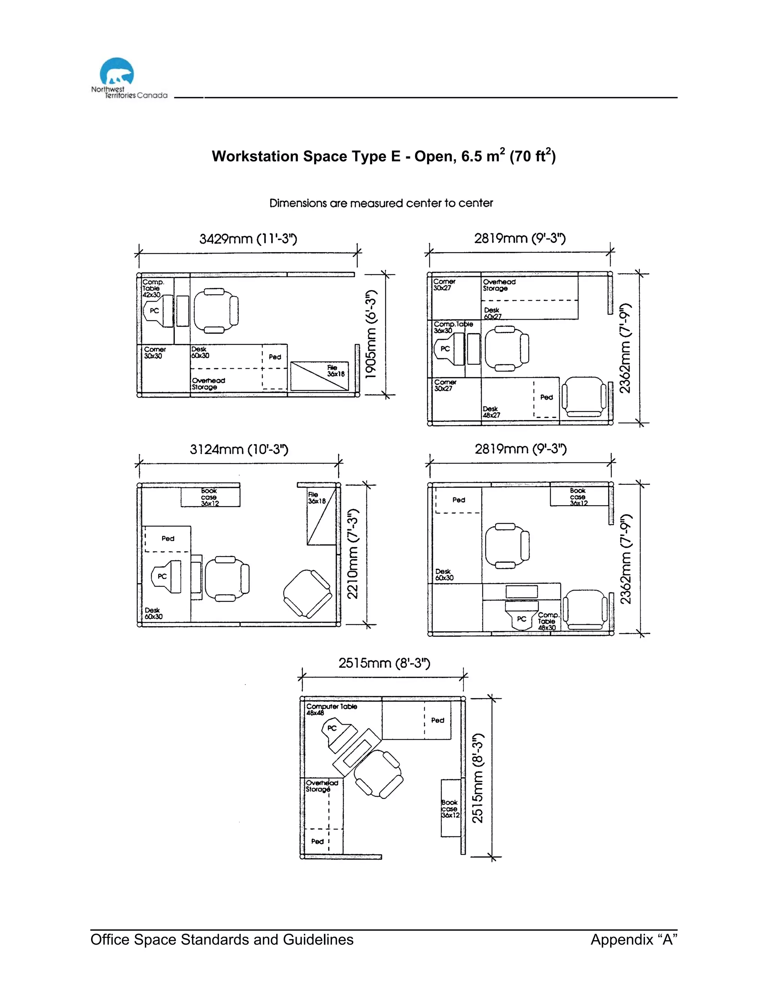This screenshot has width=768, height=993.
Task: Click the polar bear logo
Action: [x=117, y=71]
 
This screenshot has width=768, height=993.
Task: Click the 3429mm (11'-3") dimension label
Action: [x=248, y=239]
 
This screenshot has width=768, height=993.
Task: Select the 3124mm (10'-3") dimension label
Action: [x=239, y=450]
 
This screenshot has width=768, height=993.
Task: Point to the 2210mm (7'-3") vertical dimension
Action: [x=352, y=554]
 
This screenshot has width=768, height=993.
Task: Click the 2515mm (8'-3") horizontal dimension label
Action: [x=384, y=663]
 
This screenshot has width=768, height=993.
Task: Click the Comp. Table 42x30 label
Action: [x=152, y=288]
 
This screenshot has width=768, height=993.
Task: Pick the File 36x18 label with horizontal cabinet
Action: [x=335, y=371]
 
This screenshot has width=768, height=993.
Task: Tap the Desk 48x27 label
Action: [x=491, y=412]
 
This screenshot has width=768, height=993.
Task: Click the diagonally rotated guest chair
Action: [x=307, y=594]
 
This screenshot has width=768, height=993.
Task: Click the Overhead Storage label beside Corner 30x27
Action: [x=499, y=285]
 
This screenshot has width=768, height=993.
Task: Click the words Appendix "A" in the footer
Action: [x=634, y=939]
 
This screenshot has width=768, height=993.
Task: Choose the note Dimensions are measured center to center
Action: [x=381, y=203]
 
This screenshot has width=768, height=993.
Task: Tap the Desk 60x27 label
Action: [x=492, y=313]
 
